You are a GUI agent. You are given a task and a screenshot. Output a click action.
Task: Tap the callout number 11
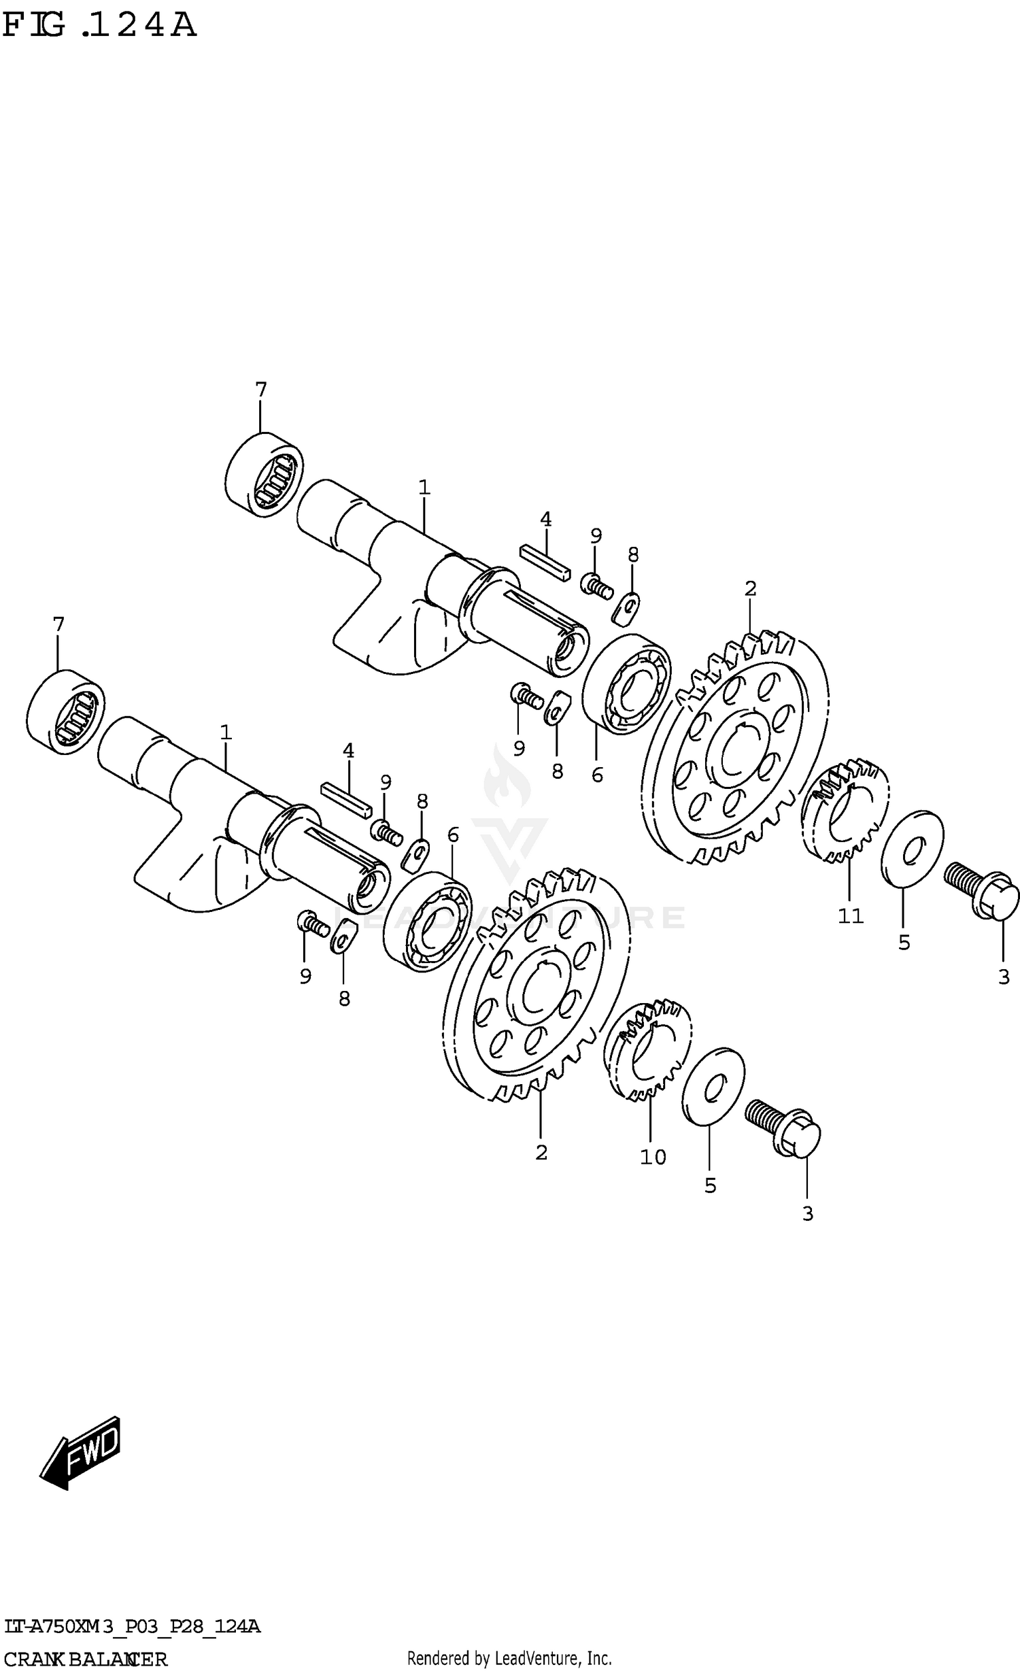(x=850, y=916)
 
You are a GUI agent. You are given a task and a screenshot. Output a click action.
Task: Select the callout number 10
(x=653, y=1157)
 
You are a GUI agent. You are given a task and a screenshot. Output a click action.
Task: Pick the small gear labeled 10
(x=648, y=1050)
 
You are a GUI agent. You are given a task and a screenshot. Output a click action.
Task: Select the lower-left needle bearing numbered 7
(x=66, y=711)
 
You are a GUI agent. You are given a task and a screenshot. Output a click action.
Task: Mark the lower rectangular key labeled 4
(x=346, y=798)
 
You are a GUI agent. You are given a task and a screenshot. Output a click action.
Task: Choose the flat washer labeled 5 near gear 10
(x=713, y=1086)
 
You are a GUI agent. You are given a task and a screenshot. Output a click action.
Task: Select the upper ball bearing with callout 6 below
(x=626, y=684)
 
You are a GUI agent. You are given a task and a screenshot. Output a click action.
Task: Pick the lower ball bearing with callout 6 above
(x=427, y=922)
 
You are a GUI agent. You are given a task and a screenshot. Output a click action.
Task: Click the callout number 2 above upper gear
(x=750, y=588)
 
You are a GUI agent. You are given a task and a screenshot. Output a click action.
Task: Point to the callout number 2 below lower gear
(x=541, y=1153)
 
